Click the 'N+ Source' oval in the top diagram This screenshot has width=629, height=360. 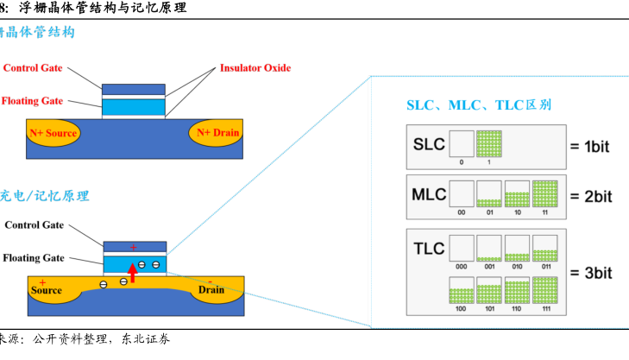(53, 133)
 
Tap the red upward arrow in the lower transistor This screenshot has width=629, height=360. (132, 273)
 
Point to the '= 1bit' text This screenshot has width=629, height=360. (589, 147)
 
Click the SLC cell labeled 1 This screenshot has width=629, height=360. (489, 143)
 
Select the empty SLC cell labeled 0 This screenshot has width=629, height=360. (462, 143)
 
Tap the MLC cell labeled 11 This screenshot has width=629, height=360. (545, 193)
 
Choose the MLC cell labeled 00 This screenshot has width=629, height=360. (462, 193)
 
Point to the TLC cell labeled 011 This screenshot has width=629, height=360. (545, 249)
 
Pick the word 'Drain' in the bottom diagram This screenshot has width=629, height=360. (211, 290)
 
